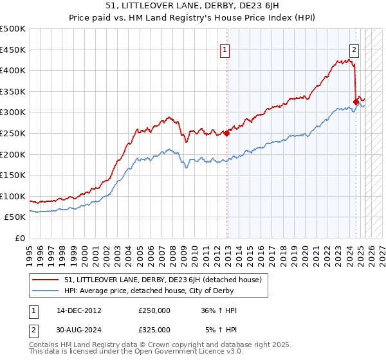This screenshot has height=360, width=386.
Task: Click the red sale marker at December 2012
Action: pos(226,133)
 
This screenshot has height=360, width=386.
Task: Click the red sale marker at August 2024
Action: pos(356,101)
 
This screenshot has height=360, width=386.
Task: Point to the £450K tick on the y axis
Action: pos(14,50)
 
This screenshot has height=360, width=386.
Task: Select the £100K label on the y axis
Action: pos(14,196)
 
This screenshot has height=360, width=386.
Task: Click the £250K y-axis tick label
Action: pos(14,133)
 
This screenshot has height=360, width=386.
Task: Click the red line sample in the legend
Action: pos(46,280)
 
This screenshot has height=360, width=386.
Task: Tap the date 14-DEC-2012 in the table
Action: pos(79,310)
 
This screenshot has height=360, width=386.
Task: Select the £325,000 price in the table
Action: pos(154,329)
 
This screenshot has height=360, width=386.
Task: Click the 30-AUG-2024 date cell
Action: pos(80,329)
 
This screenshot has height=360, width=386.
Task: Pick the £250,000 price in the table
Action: pos(154,310)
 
